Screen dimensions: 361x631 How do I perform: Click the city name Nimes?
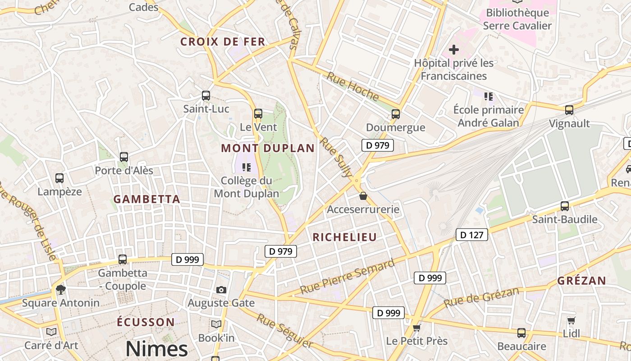[x=156, y=349]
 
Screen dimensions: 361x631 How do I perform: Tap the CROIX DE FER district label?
[x=223, y=42]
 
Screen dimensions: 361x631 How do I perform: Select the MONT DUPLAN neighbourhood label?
[x=268, y=148]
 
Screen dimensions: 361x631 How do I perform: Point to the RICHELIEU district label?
[x=344, y=237]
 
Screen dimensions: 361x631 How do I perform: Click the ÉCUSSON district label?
[x=146, y=322]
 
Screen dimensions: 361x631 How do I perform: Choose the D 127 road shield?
[x=472, y=235]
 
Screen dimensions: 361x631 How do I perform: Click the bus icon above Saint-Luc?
[x=206, y=96]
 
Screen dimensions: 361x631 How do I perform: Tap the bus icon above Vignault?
[x=569, y=110]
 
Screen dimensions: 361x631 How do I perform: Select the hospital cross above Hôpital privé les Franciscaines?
[x=454, y=50]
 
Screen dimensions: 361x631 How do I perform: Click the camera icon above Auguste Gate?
[x=221, y=290]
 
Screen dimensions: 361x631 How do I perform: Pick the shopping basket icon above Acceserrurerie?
[x=363, y=196]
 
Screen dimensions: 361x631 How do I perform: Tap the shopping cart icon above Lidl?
[x=572, y=320]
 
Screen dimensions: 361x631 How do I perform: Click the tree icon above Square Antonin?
[x=60, y=289]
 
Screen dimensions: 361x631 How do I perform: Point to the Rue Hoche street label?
[x=352, y=86]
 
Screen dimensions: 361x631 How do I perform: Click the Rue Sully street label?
[x=336, y=157]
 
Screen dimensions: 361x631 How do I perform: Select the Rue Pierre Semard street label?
[x=347, y=277]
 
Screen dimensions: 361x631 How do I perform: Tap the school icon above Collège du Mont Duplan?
[x=246, y=167]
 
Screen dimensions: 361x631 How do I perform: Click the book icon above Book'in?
[x=216, y=324]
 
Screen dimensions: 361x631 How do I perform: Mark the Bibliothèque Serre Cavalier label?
[x=517, y=19]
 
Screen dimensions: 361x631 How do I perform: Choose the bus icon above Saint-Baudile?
[x=565, y=206]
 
